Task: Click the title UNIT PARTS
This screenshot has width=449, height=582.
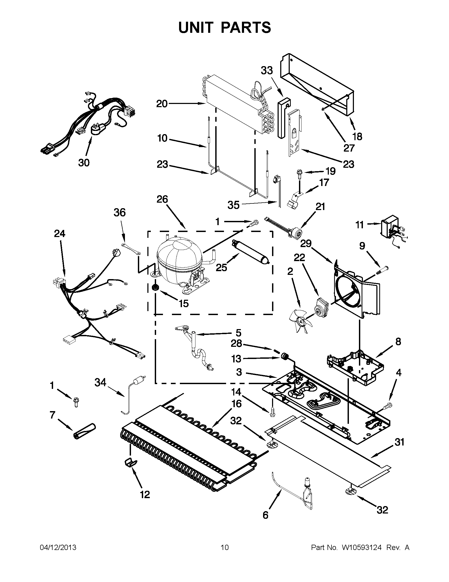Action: coord(225,27)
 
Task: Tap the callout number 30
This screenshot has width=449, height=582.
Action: coord(84,162)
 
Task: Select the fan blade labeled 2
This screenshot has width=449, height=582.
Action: coord(300,322)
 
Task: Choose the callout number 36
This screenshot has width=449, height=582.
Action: coord(120,213)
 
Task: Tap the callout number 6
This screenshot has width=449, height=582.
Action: coord(265,515)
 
